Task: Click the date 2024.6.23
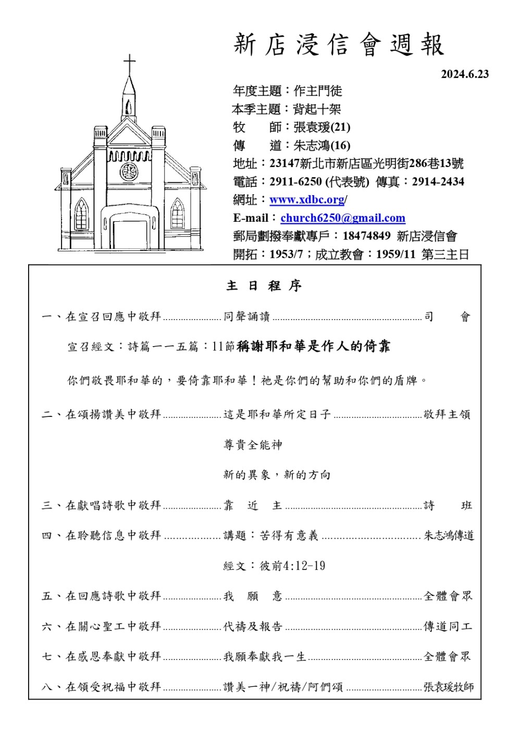[465, 74]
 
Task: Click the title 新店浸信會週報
[339, 45]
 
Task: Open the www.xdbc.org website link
[307, 200]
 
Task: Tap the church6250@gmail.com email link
[342, 218]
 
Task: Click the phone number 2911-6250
[295, 182]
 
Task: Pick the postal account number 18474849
[366, 236]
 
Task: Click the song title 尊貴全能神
[253, 445]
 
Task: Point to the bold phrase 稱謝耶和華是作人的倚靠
[313, 347]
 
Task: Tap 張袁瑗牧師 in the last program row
[448, 687]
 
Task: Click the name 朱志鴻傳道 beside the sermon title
[449, 536]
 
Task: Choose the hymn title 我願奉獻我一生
[265, 657]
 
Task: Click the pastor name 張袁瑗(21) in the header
[321, 128]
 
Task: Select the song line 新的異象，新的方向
[277, 475]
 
